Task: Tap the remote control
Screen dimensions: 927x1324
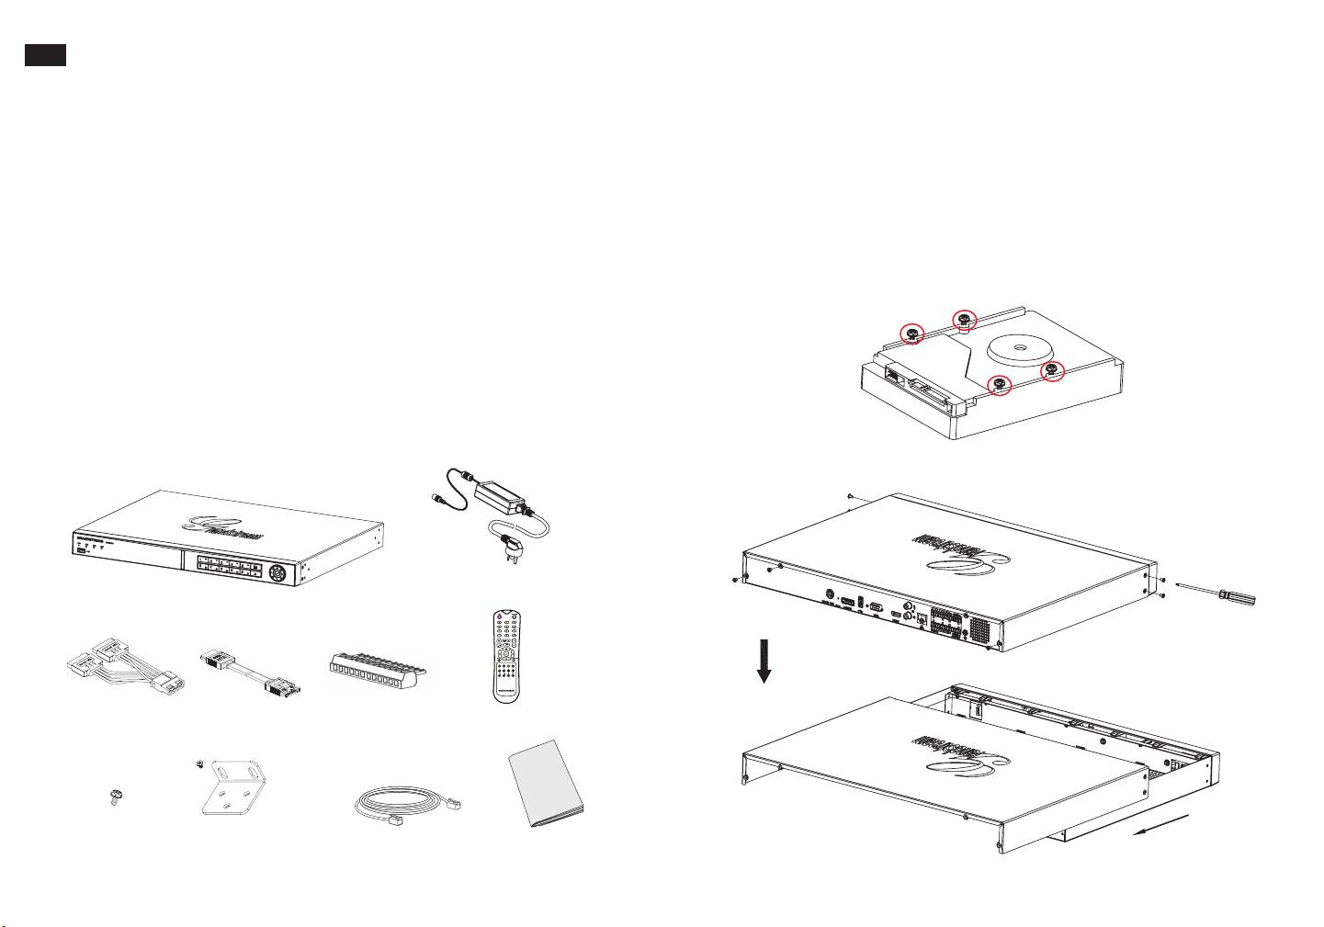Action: [x=506, y=656]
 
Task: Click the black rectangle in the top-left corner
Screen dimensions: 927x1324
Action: [x=45, y=55]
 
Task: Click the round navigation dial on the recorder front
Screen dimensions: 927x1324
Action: [x=276, y=573]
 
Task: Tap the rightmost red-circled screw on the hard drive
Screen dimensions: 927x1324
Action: [x=1051, y=371]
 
